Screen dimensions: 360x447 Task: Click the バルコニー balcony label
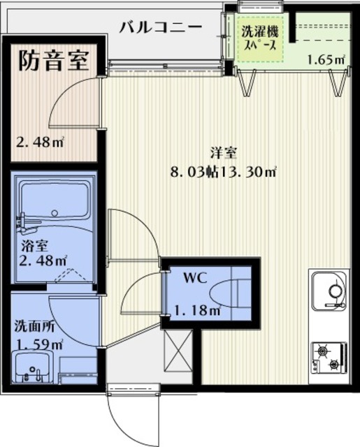pyautogui.click(x=161, y=28)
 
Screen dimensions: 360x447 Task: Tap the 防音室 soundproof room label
pyautogui.click(x=54, y=61)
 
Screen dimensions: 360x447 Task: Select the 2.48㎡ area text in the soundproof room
pyautogui.click(x=40, y=142)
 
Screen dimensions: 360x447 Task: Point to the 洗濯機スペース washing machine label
pyautogui.click(x=259, y=38)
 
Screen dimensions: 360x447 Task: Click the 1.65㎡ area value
pyautogui.click(x=326, y=60)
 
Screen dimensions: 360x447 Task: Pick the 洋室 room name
pyautogui.click(x=224, y=153)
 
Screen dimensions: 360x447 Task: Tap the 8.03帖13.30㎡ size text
pyautogui.click(x=224, y=172)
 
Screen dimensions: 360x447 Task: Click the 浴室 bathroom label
pyautogui.click(x=34, y=246)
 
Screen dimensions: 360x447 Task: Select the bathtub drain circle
pyautogui.click(x=55, y=212)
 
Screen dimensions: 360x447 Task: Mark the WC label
pyautogui.click(x=195, y=278)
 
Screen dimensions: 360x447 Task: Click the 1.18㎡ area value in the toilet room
pyautogui.click(x=197, y=310)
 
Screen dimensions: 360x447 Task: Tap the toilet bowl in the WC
pyautogui.click(x=225, y=293)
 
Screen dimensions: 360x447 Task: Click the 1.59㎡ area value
pyautogui.click(x=40, y=344)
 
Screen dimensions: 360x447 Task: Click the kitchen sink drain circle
pyautogui.click(x=336, y=291)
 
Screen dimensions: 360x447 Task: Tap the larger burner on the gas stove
pyautogui.click(x=323, y=351)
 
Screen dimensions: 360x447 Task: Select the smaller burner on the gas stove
pyautogui.click(x=333, y=364)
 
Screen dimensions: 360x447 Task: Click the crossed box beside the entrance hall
pyautogui.click(x=178, y=350)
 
